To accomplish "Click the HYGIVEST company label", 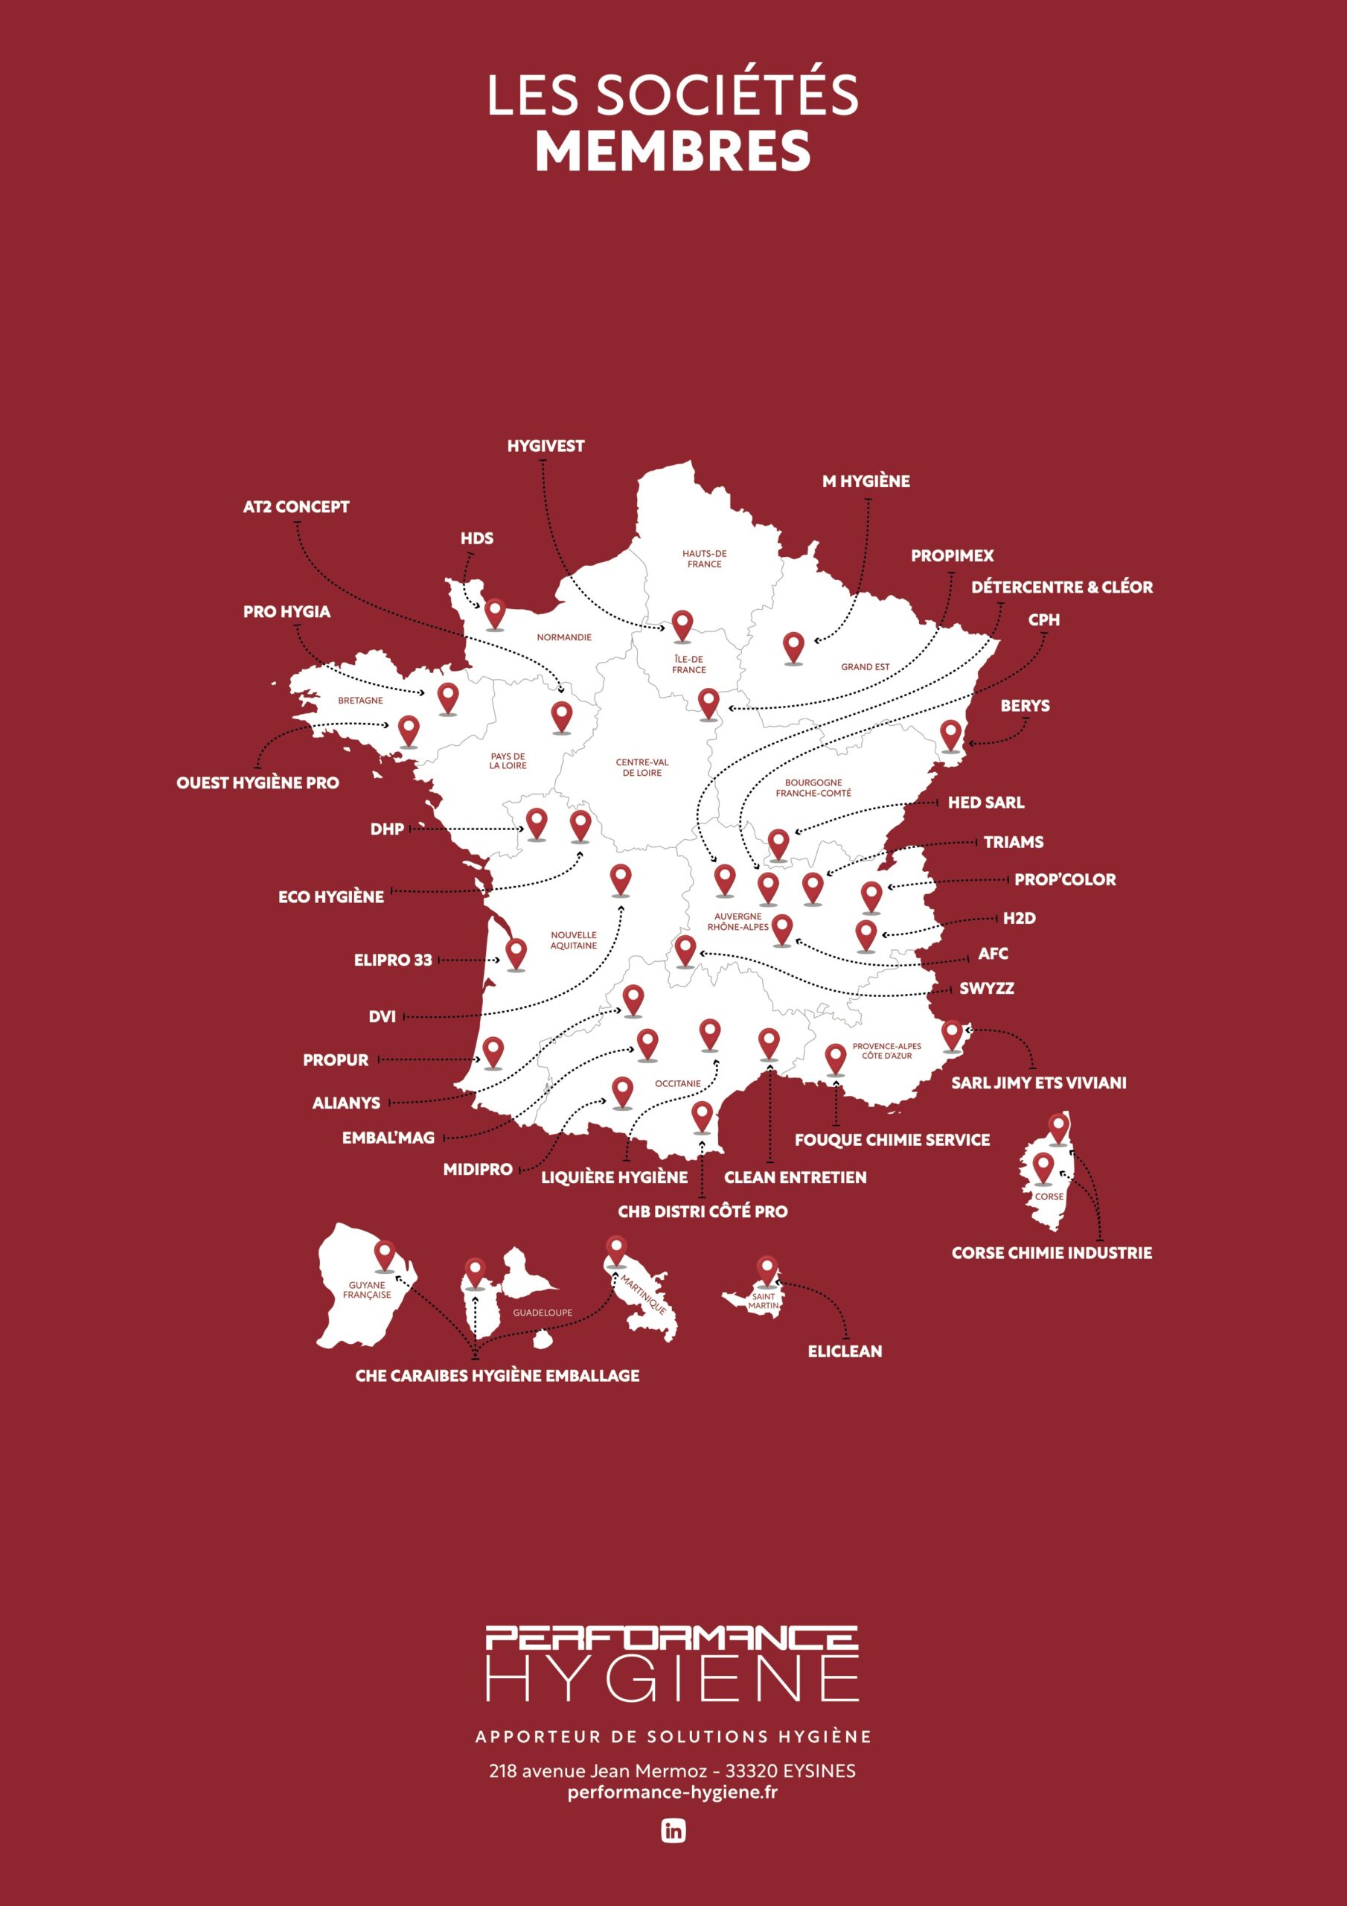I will [545, 446].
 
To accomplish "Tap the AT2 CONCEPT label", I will [295, 506].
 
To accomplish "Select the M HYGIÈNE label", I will [866, 481].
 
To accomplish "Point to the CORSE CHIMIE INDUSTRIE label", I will [1052, 1253].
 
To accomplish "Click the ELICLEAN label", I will [845, 1351].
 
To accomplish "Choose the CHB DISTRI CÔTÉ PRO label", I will [702, 1211].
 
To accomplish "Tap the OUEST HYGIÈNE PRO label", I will [257, 782].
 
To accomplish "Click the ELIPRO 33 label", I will [392, 960].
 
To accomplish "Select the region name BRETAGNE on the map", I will [360, 700].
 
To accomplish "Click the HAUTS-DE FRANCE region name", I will [704, 558].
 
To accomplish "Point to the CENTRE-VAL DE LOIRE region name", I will [641, 767].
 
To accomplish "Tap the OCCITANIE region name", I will [677, 1083].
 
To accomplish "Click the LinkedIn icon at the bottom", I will [673, 1831].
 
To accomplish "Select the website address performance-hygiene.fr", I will [672, 1791].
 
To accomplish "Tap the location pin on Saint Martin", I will [767, 1269].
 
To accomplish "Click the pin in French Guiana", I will [384, 1255].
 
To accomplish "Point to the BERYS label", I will [1024, 706].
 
